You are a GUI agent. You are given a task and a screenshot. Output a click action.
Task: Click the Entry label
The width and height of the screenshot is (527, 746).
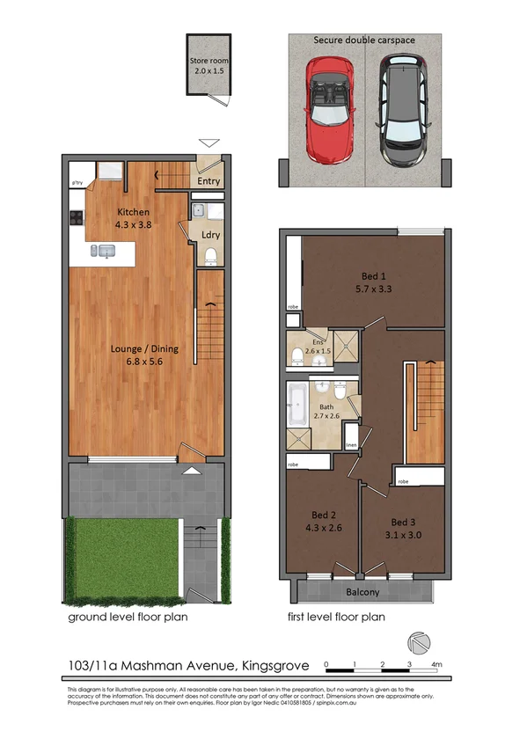click(209, 182)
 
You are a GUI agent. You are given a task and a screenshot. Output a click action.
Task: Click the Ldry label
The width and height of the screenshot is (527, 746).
click(210, 235)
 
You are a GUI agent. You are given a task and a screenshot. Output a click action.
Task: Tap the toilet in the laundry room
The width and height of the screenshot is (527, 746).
click(209, 256)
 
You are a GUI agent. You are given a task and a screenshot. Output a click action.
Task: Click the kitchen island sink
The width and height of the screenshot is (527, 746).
click(107, 252)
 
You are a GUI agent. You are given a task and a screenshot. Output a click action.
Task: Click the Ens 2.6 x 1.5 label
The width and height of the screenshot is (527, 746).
click(318, 347)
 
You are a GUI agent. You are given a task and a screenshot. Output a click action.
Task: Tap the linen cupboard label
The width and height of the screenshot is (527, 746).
click(351, 446)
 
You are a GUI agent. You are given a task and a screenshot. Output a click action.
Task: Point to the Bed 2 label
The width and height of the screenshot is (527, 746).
click(323, 515)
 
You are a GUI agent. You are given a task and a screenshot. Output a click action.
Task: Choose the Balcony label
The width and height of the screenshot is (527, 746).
click(362, 592)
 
